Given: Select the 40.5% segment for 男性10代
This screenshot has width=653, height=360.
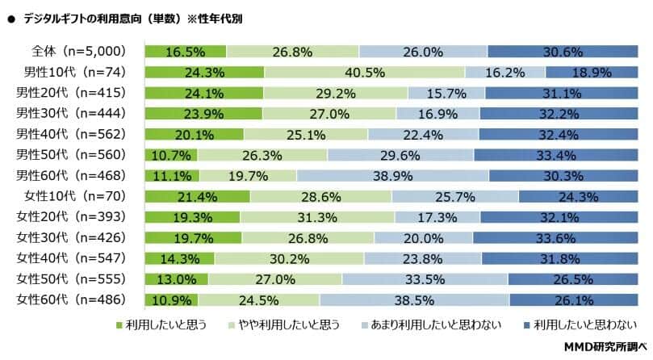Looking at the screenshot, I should click(x=365, y=71).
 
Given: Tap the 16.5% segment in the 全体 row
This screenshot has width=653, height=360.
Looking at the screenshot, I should click(x=186, y=51).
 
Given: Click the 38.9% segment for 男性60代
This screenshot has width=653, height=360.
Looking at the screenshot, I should click(x=392, y=175).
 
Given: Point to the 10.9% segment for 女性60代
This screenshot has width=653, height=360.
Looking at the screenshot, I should click(x=167, y=299).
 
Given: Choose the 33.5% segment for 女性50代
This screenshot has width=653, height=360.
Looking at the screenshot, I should click(x=425, y=278).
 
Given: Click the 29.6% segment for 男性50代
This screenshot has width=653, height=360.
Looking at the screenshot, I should click(x=400, y=154).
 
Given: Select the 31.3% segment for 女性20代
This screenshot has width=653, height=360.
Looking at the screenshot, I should click(x=317, y=216).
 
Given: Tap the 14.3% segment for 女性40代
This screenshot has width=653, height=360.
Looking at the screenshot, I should click(x=179, y=258).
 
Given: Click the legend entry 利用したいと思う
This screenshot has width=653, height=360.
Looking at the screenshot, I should click(x=165, y=325).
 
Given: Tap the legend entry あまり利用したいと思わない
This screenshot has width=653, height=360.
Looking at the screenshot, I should click(x=428, y=325).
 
